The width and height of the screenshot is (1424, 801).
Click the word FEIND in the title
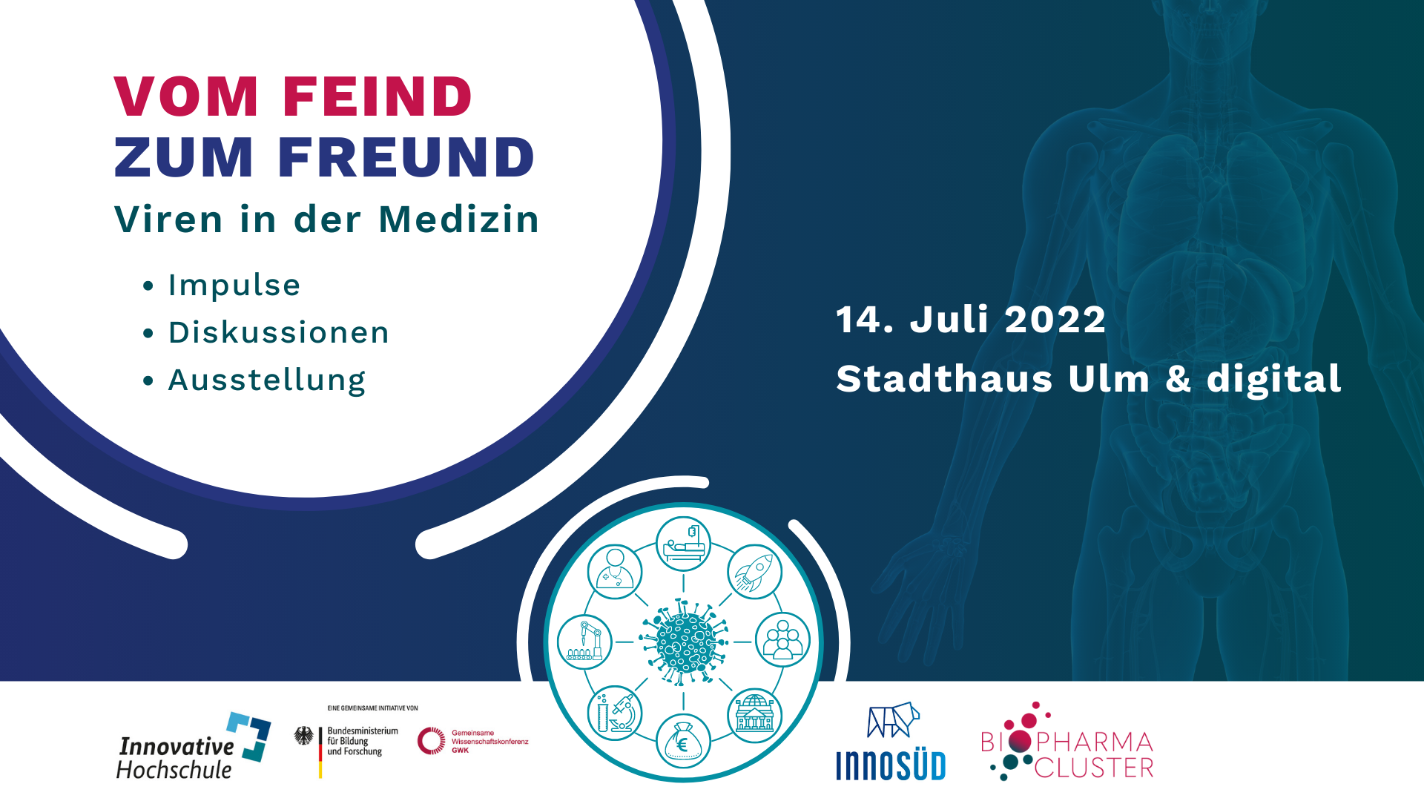[x=377, y=96]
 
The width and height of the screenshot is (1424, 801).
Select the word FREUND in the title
[x=406, y=157]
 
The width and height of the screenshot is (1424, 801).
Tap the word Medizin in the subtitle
[x=458, y=220]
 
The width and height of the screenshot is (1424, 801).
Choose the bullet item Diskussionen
[x=278, y=332]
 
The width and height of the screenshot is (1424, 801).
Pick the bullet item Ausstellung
[x=267, y=380]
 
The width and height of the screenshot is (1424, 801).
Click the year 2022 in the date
[x=1055, y=320]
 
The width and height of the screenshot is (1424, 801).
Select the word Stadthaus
[x=944, y=379]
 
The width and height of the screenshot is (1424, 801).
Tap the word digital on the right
[x=1273, y=379]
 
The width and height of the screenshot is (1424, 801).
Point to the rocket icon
[x=754, y=572]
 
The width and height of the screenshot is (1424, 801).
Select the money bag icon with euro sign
[x=683, y=741]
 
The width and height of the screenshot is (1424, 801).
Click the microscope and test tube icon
[x=615, y=713]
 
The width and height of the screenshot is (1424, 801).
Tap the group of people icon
[x=782, y=640]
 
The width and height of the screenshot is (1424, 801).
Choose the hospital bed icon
[x=683, y=544]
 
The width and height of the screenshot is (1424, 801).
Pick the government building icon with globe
[x=754, y=716]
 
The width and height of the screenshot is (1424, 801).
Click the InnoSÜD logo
[x=891, y=742]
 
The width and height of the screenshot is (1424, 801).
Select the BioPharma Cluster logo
[x=1067, y=742]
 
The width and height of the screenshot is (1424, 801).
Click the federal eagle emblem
[x=303, y=736]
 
